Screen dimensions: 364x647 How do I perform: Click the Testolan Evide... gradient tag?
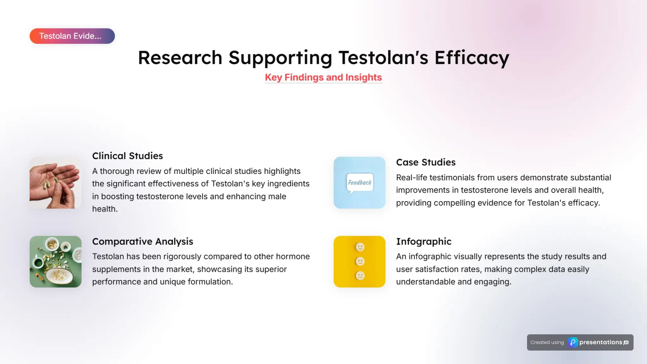click(72, 36)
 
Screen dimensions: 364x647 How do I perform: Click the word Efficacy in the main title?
click(472, 58)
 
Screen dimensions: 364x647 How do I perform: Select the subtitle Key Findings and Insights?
click(323, 77)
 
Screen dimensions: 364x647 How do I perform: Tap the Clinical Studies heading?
click(127, 156)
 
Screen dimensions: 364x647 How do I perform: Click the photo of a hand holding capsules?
click(56, 183)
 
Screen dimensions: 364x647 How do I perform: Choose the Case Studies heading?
click(426, 162)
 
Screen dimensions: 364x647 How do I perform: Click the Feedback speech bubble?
click(360, 183)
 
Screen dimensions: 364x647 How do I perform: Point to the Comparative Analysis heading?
click(142, 241)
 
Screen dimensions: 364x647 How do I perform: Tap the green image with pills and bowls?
click(56, 262)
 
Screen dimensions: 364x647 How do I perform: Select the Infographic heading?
click(423, 241)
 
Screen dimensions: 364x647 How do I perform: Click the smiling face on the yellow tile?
click(360, 247)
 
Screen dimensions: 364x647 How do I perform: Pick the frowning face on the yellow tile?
click(360, 276)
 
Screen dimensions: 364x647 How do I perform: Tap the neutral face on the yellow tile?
click(360, 261)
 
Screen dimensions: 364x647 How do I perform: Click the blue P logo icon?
click(572, 343)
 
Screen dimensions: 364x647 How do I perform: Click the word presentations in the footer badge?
click(600, 343)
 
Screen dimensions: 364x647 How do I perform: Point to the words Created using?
click(547, 343)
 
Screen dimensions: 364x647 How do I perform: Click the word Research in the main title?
click(180, 58)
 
